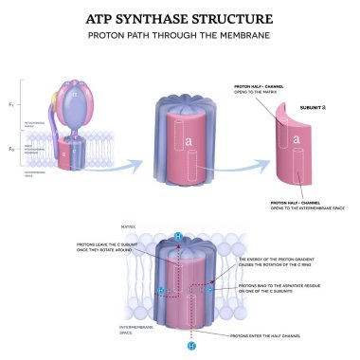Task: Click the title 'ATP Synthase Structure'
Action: pos(179,18)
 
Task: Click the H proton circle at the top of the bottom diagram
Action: pos(179,235)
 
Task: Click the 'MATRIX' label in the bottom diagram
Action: pos(129,227)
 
